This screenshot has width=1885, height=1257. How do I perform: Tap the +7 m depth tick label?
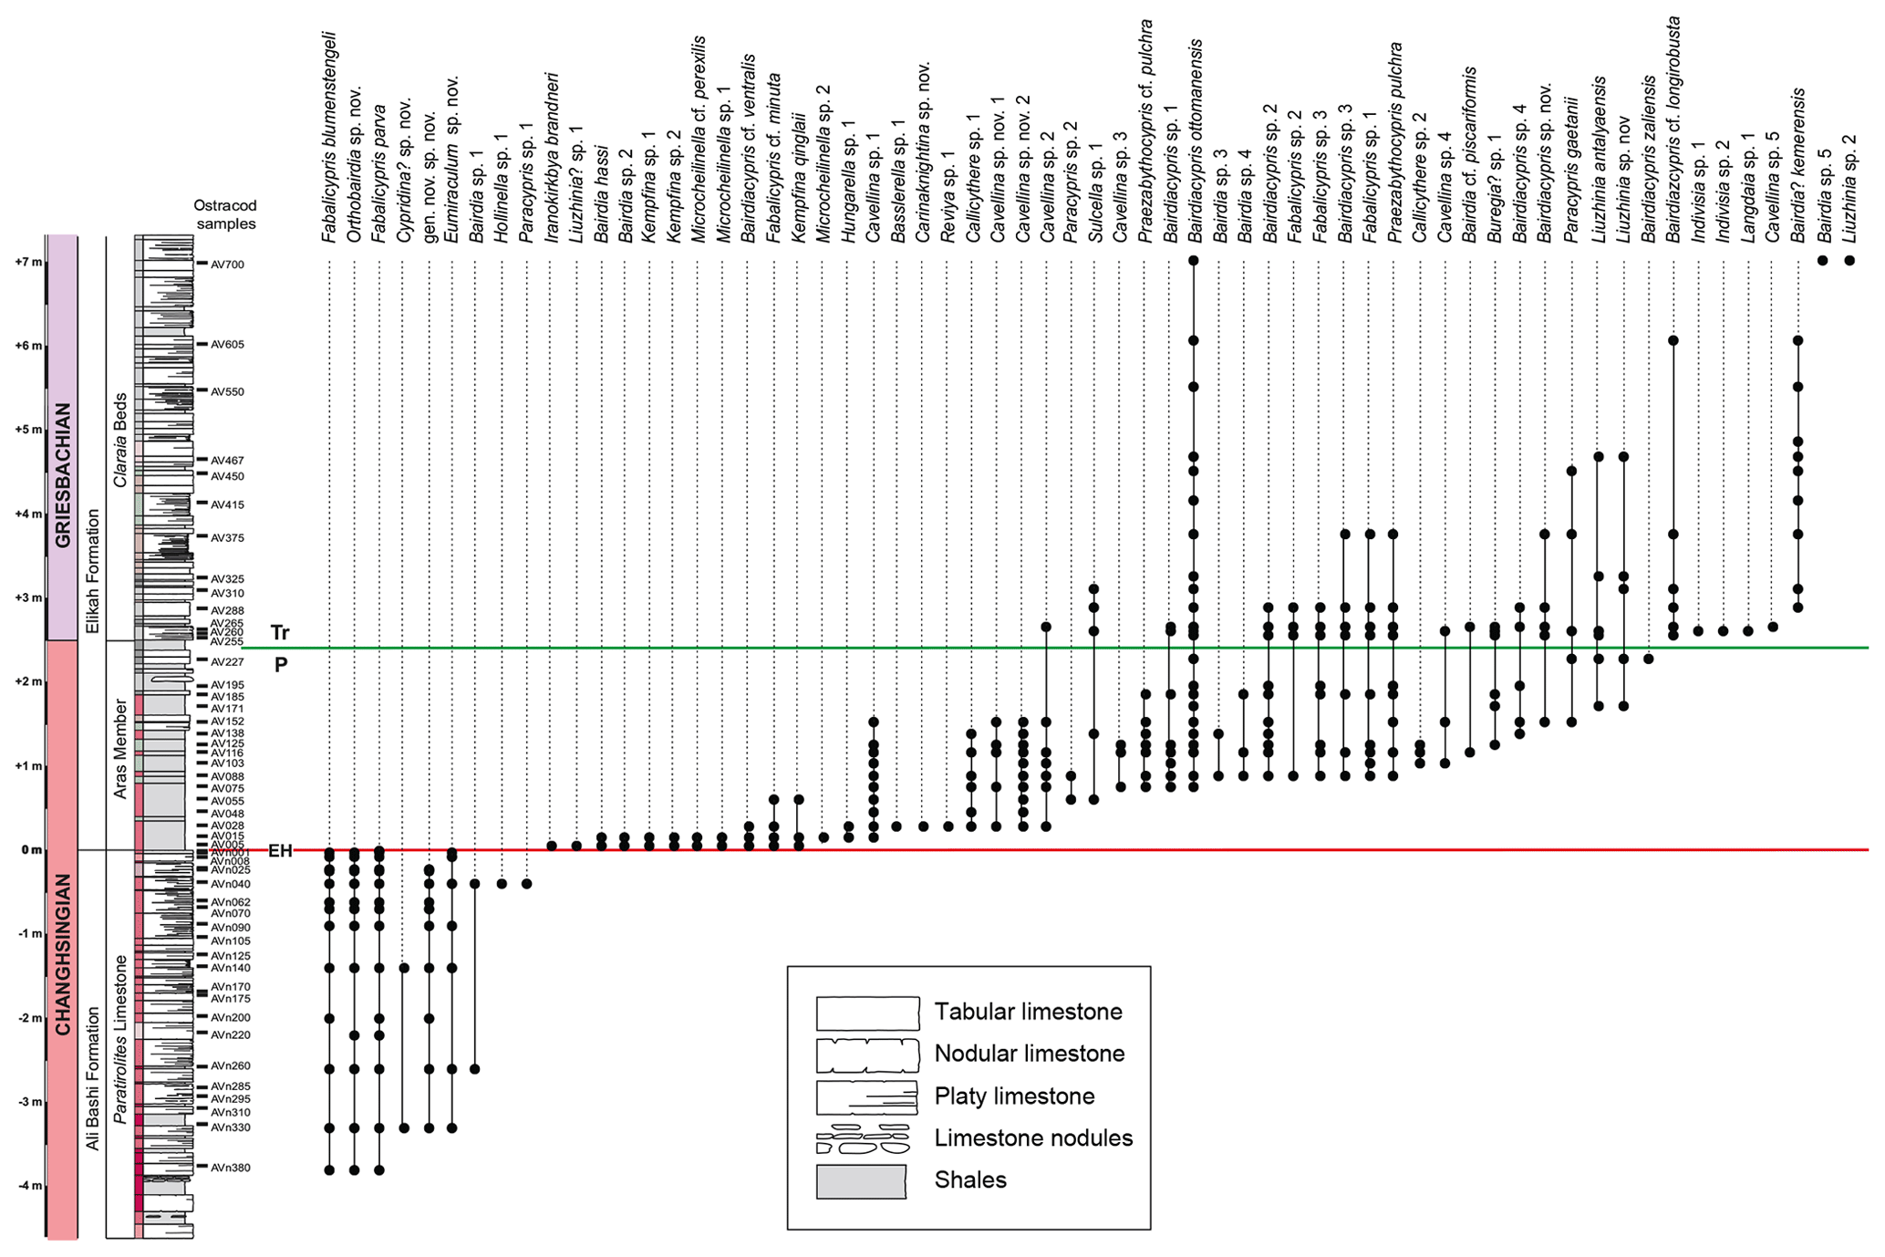[27, 262]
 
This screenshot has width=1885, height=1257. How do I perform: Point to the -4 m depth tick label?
[27, 1186]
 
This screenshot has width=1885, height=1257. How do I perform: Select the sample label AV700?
[227, 265]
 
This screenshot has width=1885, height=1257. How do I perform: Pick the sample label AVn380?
[230, 1168]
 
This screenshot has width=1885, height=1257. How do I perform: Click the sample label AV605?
[227, 345]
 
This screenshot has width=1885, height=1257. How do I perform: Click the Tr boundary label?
[280, 633]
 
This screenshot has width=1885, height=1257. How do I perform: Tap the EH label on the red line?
[280, 851]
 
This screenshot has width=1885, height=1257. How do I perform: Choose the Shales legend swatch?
[861, 1181]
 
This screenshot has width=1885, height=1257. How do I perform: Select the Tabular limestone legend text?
[1028, 1012]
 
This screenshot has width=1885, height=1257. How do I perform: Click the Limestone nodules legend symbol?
[863, 1138]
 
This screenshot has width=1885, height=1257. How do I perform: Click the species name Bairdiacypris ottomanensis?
[1195, 141]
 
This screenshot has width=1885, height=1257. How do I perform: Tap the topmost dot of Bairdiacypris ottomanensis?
[1193, 261]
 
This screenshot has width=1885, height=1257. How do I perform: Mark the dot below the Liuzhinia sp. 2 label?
[1849, 261]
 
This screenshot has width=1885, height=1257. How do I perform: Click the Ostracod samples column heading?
[226, 214]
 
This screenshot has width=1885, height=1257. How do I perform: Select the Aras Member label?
[120, 749]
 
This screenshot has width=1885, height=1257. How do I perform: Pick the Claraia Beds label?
[120, 440]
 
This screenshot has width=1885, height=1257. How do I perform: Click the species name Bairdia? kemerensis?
[1797, 164]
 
